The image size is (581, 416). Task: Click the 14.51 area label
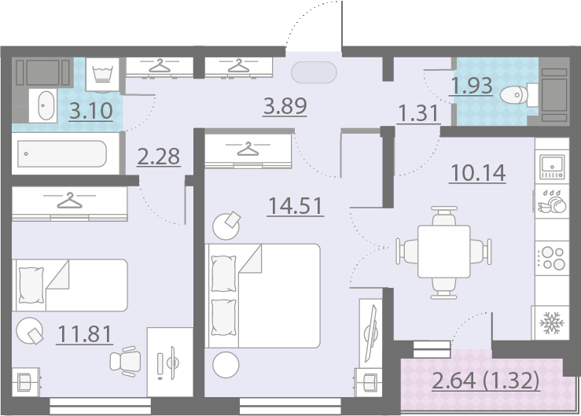click(x=296, y=206)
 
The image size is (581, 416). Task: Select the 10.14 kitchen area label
click(x=478, y=173)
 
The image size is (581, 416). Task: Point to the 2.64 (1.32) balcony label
click(x=485, y=381)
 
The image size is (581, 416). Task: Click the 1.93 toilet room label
click(x=472, y=86)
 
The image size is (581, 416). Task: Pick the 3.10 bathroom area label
click(x=90, y=111)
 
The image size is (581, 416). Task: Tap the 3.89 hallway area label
click(x=285, y=105)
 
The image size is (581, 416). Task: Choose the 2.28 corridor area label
click(x=159, y=156)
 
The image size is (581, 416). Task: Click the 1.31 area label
click(x=418, y=112)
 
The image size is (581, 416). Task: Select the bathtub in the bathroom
click(x=62, y=153)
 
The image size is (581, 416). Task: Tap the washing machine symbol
click(x=103, y=75)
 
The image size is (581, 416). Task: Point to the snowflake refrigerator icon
click(x=552, y=322)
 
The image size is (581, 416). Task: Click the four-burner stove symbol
click(x=552, y=258)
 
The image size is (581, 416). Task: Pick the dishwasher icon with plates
click(x=552, y=202)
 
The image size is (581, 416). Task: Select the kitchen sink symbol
click(x=552, y=167)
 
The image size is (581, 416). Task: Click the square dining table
click(x=444, y=252)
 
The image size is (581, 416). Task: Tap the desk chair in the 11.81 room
click(x=126, y=362)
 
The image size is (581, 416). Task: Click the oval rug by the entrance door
click(x=314, y=72)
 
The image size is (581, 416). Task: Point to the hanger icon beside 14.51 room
click(x=248, y=149)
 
